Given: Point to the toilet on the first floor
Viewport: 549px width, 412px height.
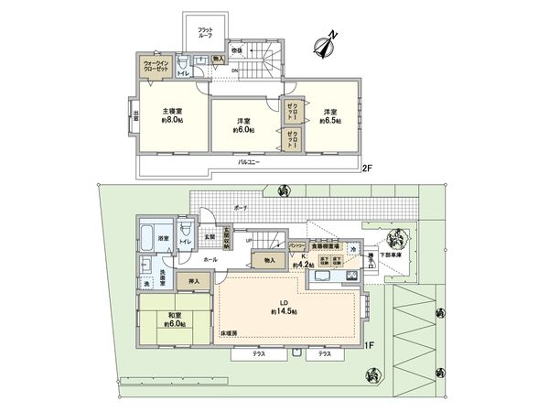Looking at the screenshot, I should click(186, 231).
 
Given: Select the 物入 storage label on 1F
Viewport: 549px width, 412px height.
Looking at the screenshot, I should click(268, 260).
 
